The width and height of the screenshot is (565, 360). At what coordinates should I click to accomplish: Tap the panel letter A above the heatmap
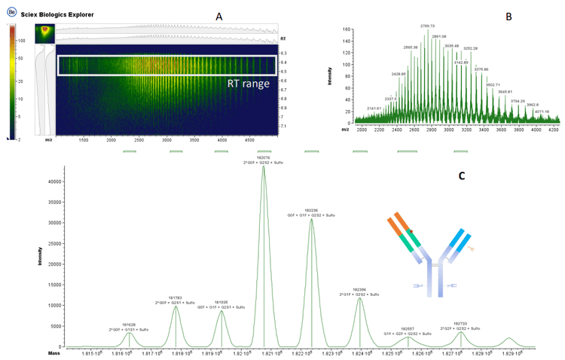point(218,16)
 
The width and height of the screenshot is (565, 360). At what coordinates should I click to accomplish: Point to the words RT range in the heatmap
point(249,84)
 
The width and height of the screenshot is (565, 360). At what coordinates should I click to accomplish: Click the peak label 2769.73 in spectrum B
point(428,26)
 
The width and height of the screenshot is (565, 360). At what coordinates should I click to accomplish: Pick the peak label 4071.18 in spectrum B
point(542,111)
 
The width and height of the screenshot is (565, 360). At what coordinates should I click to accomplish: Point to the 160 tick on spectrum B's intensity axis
point(347,30)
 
